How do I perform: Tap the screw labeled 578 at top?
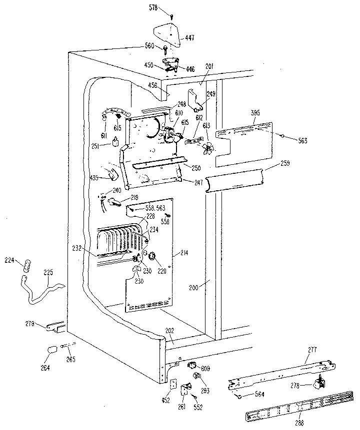click(172, 16)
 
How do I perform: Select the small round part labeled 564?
click(238, 396)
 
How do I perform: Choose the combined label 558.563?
click(155, 207)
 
